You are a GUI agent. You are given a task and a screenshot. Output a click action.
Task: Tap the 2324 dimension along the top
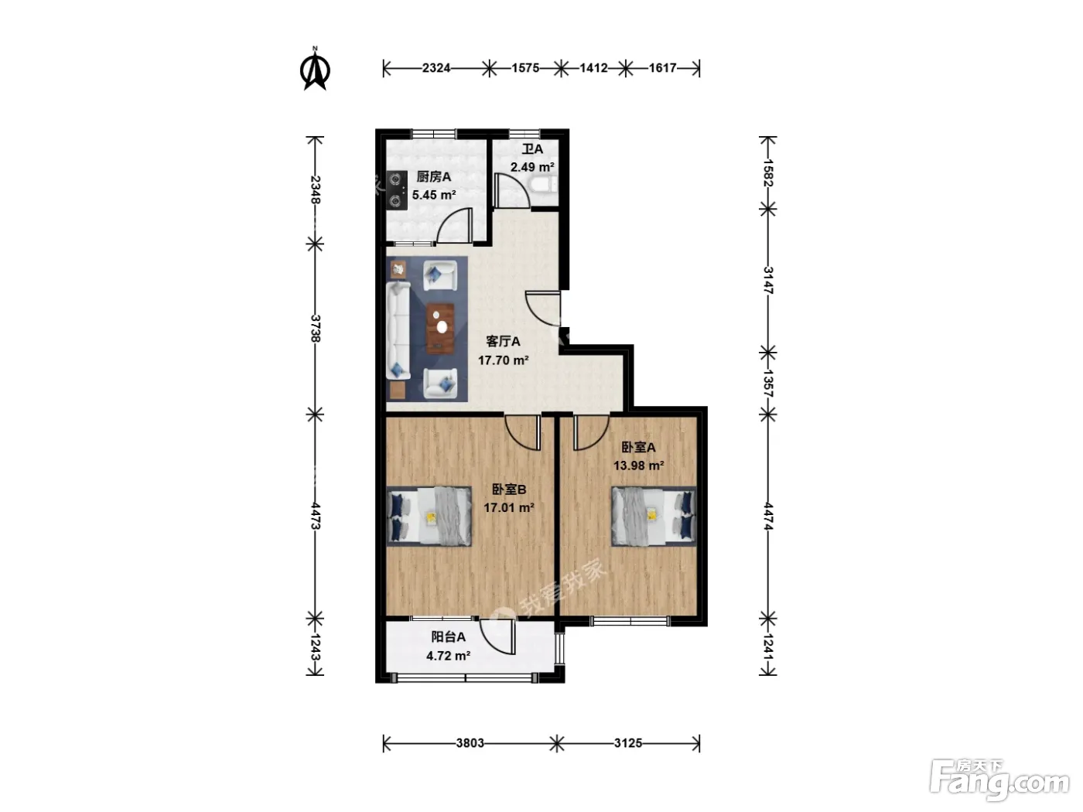pyautogui.click(x=436, y=68)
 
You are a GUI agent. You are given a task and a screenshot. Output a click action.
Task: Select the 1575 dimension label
pyautogui.click(x=525, y=68)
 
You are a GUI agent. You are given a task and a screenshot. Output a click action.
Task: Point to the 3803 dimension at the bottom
pyautogui.click(x=470, y=743)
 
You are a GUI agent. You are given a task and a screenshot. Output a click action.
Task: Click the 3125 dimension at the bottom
pyautogui.click(x=627, y=743)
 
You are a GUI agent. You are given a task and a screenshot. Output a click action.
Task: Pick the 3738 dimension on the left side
pyautogui.click(x=316, y=329)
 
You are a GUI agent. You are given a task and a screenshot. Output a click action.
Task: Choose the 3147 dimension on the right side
pyautogui.click(x=767, y=280)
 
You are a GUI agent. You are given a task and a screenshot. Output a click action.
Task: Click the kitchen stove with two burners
pyautogui.click(x=397, y=189)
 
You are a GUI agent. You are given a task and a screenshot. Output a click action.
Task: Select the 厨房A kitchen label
pyautogui.click(x=434, y=176)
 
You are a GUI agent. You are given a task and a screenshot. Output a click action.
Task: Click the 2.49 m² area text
pyautogui.click(x=532, y=167)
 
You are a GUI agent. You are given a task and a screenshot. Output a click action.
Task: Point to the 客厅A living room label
pyautogui.click(x=503, y=341)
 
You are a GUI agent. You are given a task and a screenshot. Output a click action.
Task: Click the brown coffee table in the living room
pyautogui.click(x=440, y=329)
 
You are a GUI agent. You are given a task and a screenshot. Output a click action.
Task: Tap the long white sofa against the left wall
pyautogui.click(x=398, y=330)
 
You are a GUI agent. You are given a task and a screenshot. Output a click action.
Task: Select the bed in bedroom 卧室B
pyautogui.click(x=429, y=516)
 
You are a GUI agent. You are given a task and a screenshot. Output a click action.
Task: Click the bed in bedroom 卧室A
pyautogui.click(x=654, y=516)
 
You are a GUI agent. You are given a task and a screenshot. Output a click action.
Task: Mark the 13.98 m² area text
pyautogui.click(x=638, y=466)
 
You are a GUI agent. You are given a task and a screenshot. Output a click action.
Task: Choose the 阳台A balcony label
pyautogui.click(x=448, y=637)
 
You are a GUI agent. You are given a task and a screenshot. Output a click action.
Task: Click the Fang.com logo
pyautogui.click(x=999, y=780)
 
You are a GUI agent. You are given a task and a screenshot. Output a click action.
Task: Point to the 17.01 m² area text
pyautogui.click(x=509, y=507)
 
